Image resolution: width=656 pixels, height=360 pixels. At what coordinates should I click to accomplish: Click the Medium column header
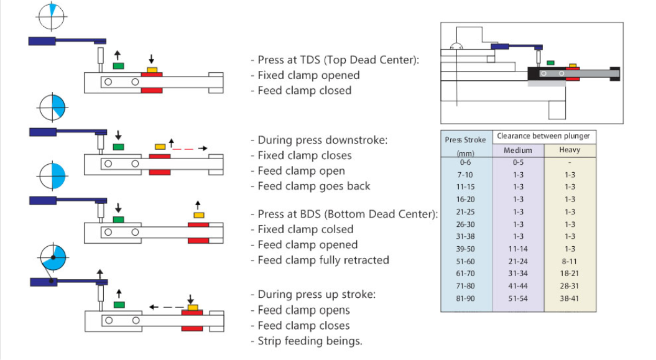pos(517,150)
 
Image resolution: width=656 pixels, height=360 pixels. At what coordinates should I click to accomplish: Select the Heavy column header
pos(570,150)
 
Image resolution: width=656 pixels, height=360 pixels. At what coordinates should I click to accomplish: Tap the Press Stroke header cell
pos(466,140)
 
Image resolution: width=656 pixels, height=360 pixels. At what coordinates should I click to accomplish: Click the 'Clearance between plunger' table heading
pos(543,136)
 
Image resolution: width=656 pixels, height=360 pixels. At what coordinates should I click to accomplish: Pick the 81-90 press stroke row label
pos(466,298)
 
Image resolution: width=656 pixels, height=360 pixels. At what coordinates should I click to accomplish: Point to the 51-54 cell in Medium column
pos(517,298)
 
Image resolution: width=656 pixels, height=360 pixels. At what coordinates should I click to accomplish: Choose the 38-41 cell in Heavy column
pos(570,298)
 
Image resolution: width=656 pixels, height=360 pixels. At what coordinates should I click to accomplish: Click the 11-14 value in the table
pos(517,249)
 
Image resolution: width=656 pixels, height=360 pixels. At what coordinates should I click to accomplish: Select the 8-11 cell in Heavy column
pos(570,261)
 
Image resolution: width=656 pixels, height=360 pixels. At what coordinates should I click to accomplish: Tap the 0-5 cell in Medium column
pos(517,162)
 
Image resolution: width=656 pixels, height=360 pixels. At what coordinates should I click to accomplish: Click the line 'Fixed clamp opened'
pos(309,75)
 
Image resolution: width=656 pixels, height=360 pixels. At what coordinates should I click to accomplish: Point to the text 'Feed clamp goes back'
pos(314,186)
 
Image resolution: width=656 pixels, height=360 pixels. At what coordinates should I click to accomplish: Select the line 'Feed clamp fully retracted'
pos(323,260)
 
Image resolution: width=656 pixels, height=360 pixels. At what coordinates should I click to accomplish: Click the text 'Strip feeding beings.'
pos(310,341)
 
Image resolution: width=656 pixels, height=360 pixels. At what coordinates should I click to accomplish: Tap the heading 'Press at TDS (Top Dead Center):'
pos(335,60)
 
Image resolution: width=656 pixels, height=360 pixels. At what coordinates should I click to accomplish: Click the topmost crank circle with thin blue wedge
pos(52,16)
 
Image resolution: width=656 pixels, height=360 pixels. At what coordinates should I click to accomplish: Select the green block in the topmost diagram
pos(118,65)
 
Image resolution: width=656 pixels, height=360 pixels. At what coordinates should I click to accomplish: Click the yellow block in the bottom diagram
pos(193,308)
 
